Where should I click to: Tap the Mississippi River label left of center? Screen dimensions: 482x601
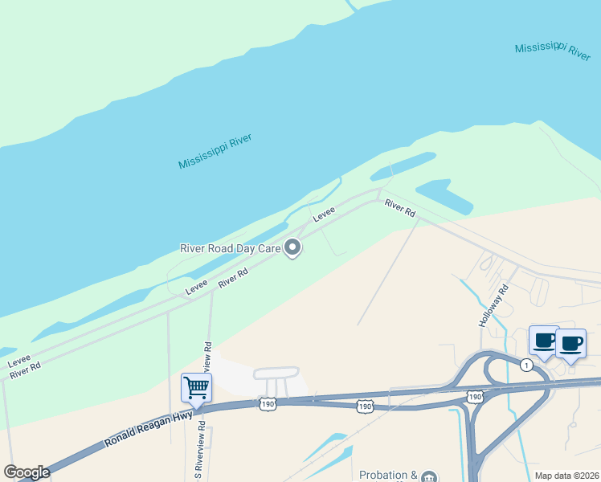pyautogui.click(x=215, y=151)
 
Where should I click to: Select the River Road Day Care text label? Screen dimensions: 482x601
pyautogui.click(x=229, y=249)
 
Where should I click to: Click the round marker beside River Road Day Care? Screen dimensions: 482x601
pyautogui.click(x=293, y=249)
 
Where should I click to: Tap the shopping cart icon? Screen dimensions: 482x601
pyautogui.click(x=197, y=389)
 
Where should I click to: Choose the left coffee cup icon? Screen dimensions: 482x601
pyautogui.click(x=544, y=341)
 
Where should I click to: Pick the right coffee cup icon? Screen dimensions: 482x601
pyautogui.click(x=570, y=344)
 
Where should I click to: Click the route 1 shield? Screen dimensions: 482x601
pyautogui.click(x=526, y=365)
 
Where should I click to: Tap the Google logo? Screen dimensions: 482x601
pyautogui.click(x=27, y=472)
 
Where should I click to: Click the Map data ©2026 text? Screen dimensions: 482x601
pyautogui.click(x=567, y=476)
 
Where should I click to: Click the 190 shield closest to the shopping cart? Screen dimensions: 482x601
pyautogui.click(x=268, y=406)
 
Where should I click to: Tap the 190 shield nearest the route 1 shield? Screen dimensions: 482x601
pyautogui.click(x=474, y=397)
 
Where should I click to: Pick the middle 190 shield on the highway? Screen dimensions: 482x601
pyautogui.click(x=365, y=406)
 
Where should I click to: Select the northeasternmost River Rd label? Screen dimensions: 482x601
pyautogui.click(x=399, y=207)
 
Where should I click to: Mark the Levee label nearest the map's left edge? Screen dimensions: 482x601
pyautogui.click(x=19, y=362)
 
